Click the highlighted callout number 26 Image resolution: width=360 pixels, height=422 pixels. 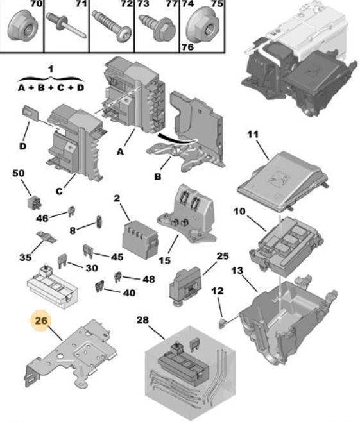41,321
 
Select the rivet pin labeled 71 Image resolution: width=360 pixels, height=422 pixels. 66,25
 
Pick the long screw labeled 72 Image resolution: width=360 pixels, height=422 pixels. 112,26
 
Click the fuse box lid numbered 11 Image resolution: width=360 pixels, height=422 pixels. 283,182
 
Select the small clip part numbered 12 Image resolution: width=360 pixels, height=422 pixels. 222,323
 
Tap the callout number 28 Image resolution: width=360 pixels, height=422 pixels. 142,320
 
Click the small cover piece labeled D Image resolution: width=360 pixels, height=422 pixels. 30,112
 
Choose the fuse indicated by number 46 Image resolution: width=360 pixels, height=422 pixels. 71,211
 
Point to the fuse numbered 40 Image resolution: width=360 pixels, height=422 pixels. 99,286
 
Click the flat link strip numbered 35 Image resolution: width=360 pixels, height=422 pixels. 46,236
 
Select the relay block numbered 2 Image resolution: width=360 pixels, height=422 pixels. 140,239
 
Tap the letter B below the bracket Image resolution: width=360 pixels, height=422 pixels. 158,176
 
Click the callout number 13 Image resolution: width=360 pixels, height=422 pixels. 237,271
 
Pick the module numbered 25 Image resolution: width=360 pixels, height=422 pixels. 186,286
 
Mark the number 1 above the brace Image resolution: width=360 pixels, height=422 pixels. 50,69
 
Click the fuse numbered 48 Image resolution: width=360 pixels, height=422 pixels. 118,277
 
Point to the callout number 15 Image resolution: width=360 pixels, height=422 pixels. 165,260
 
